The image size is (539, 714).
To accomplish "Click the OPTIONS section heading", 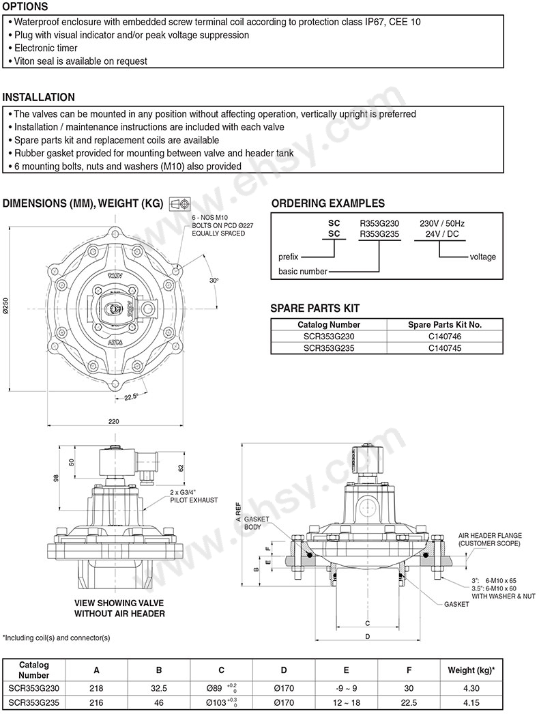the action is tap(25, 7).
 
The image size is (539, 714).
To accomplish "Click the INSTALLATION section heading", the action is tap(39, 97).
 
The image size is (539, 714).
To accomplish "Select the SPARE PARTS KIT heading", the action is tap(315, 309).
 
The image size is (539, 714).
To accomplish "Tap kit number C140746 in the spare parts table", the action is tap(445, 337).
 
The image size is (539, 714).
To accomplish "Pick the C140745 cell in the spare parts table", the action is tap(445, 348).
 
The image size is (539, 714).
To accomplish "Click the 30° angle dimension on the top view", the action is tap(214, 281).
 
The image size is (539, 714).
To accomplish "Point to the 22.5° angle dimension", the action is tap(131, 397).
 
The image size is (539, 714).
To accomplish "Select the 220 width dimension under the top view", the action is tap(114, 421).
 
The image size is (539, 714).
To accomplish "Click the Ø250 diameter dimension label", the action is tap(5, 306).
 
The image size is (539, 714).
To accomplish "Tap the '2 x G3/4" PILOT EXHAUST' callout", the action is tap(194, 496).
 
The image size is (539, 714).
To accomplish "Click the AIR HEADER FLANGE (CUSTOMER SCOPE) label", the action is tap(490, 540).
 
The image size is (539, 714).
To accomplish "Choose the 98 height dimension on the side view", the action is tap(57, 478).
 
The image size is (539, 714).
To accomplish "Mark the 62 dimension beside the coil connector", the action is tap(181, 468).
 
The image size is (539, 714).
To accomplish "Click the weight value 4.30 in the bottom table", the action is tap(471, 689).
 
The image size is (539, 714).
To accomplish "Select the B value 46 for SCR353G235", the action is tap(159, 702).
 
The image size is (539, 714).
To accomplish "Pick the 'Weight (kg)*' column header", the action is tap(471, 670).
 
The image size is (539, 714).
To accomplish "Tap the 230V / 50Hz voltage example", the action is tap(442, 224).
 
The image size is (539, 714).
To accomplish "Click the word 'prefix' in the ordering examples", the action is tap(288, 257).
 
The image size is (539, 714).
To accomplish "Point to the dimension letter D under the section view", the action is tap(367, 637).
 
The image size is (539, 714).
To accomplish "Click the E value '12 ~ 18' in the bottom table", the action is tap(347, 702).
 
